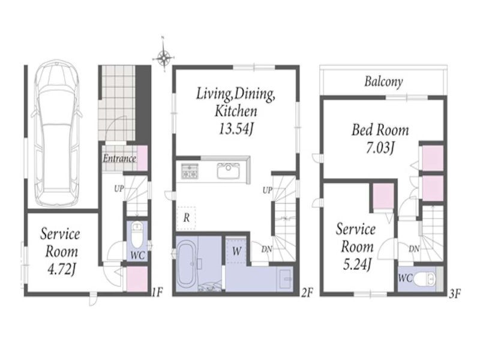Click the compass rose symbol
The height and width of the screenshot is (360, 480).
[164, 56]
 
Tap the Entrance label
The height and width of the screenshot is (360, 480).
[119, 158]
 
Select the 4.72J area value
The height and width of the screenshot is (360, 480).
[62, 269]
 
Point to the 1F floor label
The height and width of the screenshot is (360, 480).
[157, 292]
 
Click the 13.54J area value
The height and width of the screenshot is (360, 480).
[236, 129]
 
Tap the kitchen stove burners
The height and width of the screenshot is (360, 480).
[190, 171]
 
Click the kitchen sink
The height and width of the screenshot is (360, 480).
[228, 171]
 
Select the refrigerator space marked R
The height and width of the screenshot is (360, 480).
[186, 218]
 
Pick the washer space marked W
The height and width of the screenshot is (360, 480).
[236, 251]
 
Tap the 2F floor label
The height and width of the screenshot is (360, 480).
[307, 293]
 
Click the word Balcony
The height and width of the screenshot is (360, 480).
[383, 82]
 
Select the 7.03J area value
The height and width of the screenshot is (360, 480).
[380, 148]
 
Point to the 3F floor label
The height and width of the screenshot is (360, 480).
[455, 293]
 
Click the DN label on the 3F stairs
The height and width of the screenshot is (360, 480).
[414, 249]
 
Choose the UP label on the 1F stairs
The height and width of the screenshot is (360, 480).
[119, 188]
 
